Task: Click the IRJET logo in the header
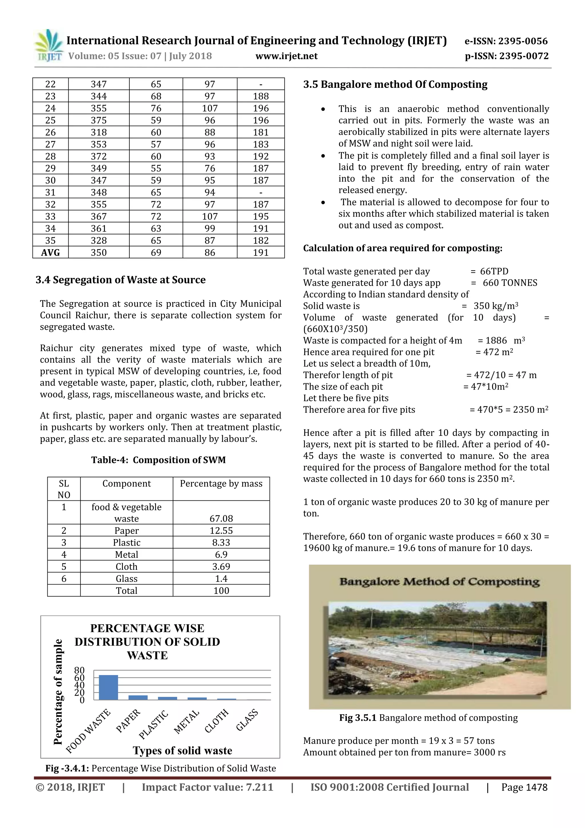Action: (x=48, y=46)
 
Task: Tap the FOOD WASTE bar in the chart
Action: (x=108, y=687)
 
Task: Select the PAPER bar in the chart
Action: (x=138, y=697)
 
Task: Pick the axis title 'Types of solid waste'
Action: (x=183, y=751)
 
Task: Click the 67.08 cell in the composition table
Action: (x=221, y=518)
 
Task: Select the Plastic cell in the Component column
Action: (x=127, y=542)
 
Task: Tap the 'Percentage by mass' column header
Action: (x=221, y=484)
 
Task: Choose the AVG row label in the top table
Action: (x=51, y=252)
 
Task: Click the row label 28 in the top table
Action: (x=51, y=156)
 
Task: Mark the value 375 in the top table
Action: (x=99, y=120)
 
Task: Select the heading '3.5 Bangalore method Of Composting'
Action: (x=395, y=84)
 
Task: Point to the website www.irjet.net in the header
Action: (x=287, y=56)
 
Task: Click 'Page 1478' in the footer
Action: (x=524, y=787)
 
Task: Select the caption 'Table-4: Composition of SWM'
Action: (x=158, y=460)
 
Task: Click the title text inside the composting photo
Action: (x=439, y=582)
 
